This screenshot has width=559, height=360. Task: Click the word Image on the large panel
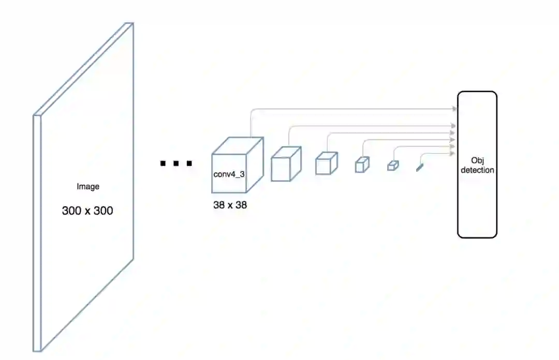87,187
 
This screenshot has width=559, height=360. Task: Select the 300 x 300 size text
87,211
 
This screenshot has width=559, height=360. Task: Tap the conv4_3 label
229,174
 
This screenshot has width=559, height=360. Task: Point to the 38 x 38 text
230,205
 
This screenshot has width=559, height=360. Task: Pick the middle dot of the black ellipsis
176,164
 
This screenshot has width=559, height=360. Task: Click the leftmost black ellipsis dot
163,164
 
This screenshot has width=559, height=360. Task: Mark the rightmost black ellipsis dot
189,164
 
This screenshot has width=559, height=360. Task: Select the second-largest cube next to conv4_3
286,163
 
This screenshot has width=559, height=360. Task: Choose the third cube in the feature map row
326,163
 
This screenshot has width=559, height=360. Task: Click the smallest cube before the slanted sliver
393,166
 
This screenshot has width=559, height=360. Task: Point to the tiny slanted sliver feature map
419,167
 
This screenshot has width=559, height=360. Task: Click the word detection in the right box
477,170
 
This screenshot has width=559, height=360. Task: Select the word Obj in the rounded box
477,160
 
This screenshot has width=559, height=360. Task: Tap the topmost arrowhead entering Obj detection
454,109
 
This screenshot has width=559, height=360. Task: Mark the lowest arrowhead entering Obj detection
454,153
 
